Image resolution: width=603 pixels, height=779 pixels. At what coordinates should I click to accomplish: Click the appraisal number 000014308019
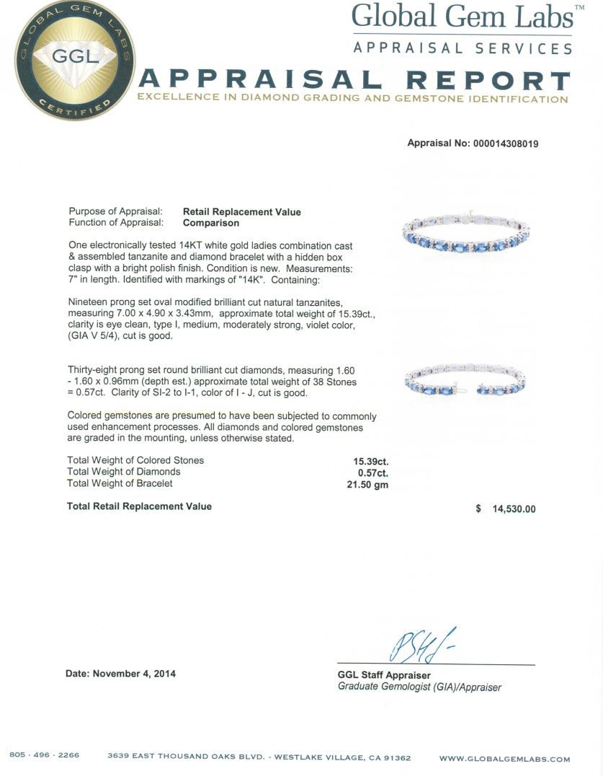click(x=505, y=144)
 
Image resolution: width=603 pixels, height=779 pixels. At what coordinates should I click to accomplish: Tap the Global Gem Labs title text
click(x=462, y=17)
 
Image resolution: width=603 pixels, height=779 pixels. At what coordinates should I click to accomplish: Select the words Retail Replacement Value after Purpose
click(x=241, y=212)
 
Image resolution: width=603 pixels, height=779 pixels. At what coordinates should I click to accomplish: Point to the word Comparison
click(x=211, y=223)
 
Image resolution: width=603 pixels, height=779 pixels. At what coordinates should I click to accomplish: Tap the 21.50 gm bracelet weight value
click(x=367, y=485)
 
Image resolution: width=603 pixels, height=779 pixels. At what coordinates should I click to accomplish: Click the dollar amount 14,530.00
click(x=514, y=509)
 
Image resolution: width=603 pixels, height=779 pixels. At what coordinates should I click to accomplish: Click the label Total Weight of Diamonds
click(x=123, y=472)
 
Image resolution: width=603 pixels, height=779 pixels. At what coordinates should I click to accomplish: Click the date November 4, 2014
click(x=121, y=674)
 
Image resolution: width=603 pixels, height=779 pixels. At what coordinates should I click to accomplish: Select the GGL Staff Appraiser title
click(x=384, y=675)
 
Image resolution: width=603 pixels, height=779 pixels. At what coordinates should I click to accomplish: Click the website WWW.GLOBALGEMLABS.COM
click(x=504, y=759)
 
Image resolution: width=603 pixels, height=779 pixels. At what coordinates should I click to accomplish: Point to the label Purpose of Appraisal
click(x=115, y=212)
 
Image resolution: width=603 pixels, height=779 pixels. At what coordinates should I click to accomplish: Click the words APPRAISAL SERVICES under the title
click(x=462, y=48)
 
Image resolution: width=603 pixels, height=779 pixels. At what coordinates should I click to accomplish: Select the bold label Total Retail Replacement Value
click(x=139, y=506)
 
